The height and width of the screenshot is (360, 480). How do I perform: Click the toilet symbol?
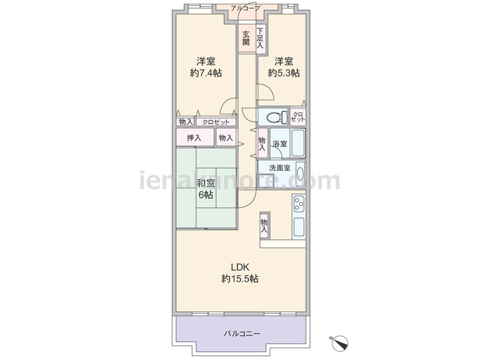pos(277,117)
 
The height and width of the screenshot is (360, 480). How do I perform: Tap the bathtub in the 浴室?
pos(298,143)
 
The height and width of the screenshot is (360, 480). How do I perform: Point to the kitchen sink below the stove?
pos(299,228)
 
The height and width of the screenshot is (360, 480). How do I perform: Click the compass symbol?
pos(340,343)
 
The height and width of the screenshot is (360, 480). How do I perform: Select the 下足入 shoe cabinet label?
pos(260,38)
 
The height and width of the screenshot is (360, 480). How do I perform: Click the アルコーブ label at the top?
pos(245,8)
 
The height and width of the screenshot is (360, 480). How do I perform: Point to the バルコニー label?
pos(242,334)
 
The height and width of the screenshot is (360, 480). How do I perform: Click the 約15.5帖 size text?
pos(240,279)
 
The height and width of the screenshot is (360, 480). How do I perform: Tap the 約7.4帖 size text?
pos(206,73)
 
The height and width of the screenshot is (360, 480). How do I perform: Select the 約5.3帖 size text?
pos(284,73)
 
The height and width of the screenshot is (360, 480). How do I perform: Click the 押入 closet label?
pos(194,138)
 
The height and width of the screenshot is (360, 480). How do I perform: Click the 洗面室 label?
pos(280,168)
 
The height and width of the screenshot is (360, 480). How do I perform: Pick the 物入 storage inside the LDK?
pos(264,226)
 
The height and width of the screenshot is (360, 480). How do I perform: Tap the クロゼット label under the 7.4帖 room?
pos(216,122)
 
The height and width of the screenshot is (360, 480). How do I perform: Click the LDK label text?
pos(240,267)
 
